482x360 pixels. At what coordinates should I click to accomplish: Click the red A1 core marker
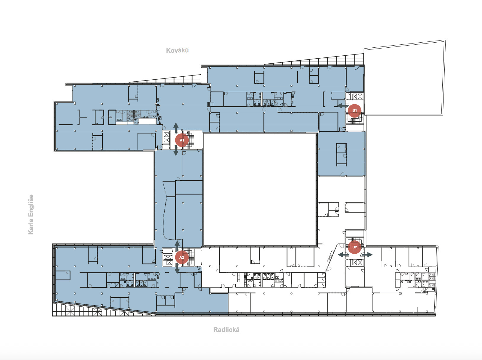click(x=182, y=140)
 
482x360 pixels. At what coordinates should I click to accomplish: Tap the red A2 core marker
click(x=181, y=257)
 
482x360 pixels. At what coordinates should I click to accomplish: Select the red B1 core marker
click(x=354, y=110)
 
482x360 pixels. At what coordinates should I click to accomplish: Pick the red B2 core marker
click(x=354, y=247)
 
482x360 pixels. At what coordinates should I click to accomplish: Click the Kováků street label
click(x=177, y=51)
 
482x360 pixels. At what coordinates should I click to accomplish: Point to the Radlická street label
click(x=226, y=330)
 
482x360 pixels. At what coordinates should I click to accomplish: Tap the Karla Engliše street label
click(x=31, y=214)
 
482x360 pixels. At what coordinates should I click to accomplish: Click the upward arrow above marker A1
click(x=176, y=128)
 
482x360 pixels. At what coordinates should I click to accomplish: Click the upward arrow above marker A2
click(x=177, y=246)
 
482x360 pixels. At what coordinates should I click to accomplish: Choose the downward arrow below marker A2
click(x=177, y=268)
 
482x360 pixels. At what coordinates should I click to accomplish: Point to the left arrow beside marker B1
click(x=342, y=106)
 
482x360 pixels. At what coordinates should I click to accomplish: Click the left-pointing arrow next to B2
click(x=343, y=255)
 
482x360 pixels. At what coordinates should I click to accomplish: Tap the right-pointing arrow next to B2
click(x=367, y=255)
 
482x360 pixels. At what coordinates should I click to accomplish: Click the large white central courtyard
click(x=260, y=189)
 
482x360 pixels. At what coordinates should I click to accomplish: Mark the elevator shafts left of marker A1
click(x=167, y=137)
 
